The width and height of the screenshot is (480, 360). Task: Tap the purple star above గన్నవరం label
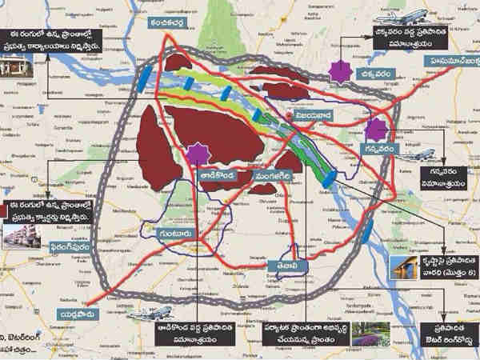pyautogui.click(x=374, y=129)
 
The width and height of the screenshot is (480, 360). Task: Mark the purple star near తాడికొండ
pyautogui.click(x=194, y=152)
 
